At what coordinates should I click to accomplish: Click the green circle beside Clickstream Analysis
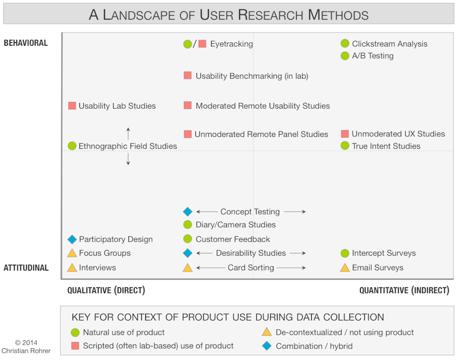click(345, 43)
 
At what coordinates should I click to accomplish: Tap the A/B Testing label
click(373, 56)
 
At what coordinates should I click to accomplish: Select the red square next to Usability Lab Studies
click(72, 105)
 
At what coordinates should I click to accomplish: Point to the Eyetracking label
click(231, 43)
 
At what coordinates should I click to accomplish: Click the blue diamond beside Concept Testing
click(187, 212)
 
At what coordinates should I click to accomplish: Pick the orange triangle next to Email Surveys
click(345, 268)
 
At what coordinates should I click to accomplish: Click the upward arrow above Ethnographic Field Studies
click(128, 134)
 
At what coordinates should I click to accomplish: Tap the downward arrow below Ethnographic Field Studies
click(128, 159)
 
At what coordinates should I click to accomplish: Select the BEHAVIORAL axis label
click(26, 43)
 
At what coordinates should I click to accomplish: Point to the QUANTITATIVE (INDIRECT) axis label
click(404, 290)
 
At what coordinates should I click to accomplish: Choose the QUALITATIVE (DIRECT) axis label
click(106, 290)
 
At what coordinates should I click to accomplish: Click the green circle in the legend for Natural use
click(75, 332)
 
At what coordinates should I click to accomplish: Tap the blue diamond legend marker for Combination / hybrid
click(267, 345)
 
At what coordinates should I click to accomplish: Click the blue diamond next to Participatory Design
click(72, 239)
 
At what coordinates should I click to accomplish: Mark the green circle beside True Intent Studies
click(345, 146)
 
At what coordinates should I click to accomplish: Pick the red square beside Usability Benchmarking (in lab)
click(187, 75)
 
